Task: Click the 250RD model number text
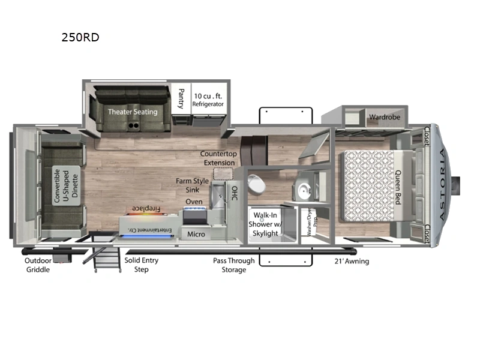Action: (79, 37)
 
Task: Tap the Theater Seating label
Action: (133, 112)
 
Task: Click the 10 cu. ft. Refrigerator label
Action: (208, 100)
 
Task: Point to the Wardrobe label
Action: (384, 117)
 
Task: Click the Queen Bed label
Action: (397, 187)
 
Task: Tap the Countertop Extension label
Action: (219, 158)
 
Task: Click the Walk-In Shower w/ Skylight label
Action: (265, 223)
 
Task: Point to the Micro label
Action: (196, 234)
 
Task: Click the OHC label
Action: (235, 194)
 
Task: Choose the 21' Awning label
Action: (351, 261)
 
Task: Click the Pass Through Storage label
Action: (233, 265)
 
